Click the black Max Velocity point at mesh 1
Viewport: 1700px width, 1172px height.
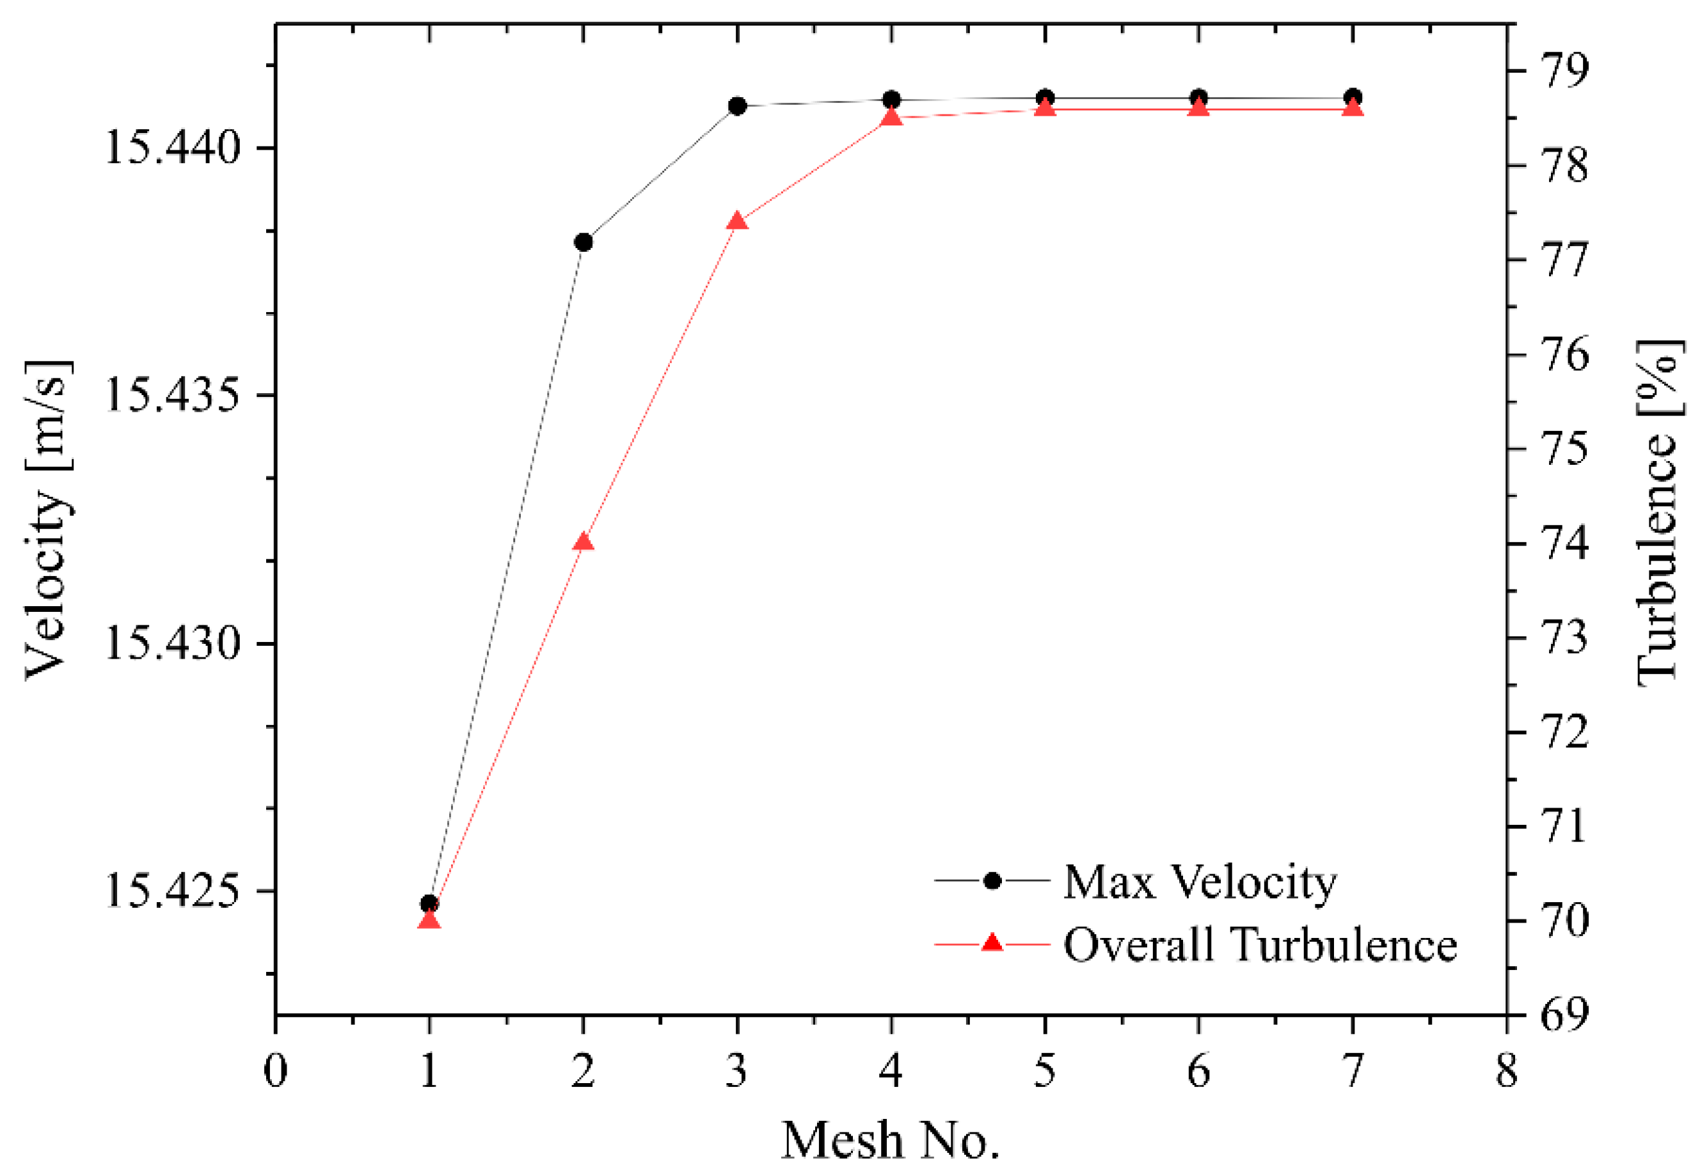429,903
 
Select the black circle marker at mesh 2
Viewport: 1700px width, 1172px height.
584,242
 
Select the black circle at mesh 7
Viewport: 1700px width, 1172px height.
1353,97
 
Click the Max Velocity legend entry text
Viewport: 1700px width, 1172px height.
1200,882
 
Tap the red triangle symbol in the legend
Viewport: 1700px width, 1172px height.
992,943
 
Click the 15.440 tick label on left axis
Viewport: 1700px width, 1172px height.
173,148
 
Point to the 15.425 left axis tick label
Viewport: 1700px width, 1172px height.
173,891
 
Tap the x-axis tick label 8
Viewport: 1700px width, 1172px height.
1507,1072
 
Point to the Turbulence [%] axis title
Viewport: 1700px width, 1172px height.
1658,514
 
